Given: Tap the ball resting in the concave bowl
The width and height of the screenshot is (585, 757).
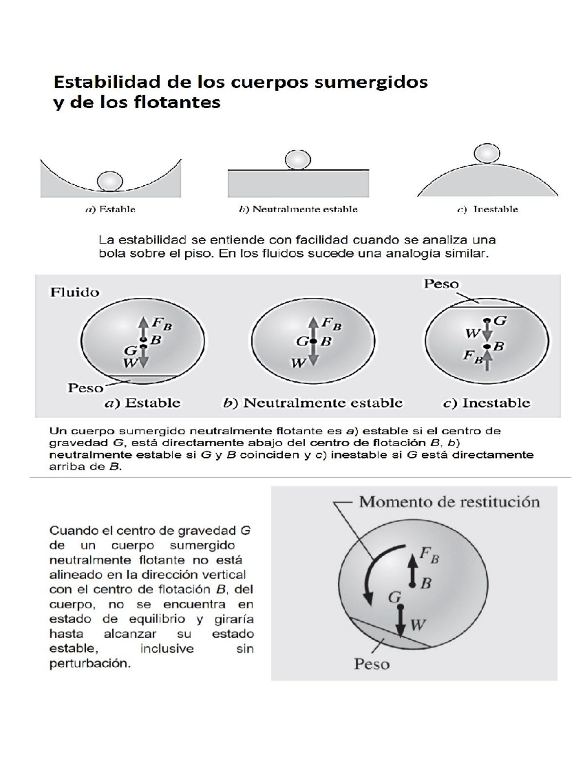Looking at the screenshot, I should pos(110,181).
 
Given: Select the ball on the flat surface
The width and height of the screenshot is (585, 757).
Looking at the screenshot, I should pos(297,159).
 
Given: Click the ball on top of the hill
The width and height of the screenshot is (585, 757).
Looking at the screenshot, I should pos(487,153).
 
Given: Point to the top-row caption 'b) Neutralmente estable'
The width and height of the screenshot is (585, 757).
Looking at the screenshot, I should pos(298,209).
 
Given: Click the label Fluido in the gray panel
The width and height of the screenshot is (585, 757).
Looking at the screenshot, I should pos(75,292).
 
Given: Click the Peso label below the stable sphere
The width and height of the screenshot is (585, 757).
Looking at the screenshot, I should pos(85,388).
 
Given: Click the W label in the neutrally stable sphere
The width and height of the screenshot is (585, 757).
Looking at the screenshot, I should pos(298,363).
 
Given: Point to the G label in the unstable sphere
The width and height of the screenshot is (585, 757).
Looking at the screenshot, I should pos(500,320).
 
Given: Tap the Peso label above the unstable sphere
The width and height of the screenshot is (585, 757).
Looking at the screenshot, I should pos(441,284).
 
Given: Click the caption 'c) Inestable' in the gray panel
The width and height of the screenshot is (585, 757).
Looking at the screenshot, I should pos(486,403).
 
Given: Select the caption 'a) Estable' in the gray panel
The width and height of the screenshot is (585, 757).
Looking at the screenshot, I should pos(143,403).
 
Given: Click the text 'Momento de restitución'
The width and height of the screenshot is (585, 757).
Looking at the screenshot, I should pos(449,502).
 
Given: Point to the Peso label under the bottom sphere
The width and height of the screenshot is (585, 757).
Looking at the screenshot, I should pos(371,664).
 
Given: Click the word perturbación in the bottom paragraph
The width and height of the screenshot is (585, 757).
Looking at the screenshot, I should pos(90,663).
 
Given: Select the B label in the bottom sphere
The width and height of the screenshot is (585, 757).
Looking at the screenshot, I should pos(426,583).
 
